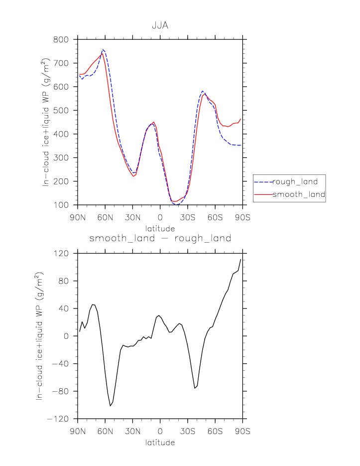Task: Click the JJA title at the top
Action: click(x=160, y=25)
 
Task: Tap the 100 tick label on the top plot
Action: click(x=65, y=205)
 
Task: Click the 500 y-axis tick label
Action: click(x=65, y=110)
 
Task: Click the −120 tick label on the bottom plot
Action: click(x=61, y=419)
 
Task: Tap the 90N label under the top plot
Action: click(x=78, y=217)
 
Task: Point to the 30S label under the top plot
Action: click(x=188, y=217)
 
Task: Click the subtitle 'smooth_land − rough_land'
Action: click(x=160, y=239)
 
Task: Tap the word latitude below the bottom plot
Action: click(x=160, y=443)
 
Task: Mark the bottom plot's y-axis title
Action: click(x=39, y=336)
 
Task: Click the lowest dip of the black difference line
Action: click(x=110, y=406)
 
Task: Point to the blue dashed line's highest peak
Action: click(x=103, y=50)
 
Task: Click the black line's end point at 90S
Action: click(x=241, y=259)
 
